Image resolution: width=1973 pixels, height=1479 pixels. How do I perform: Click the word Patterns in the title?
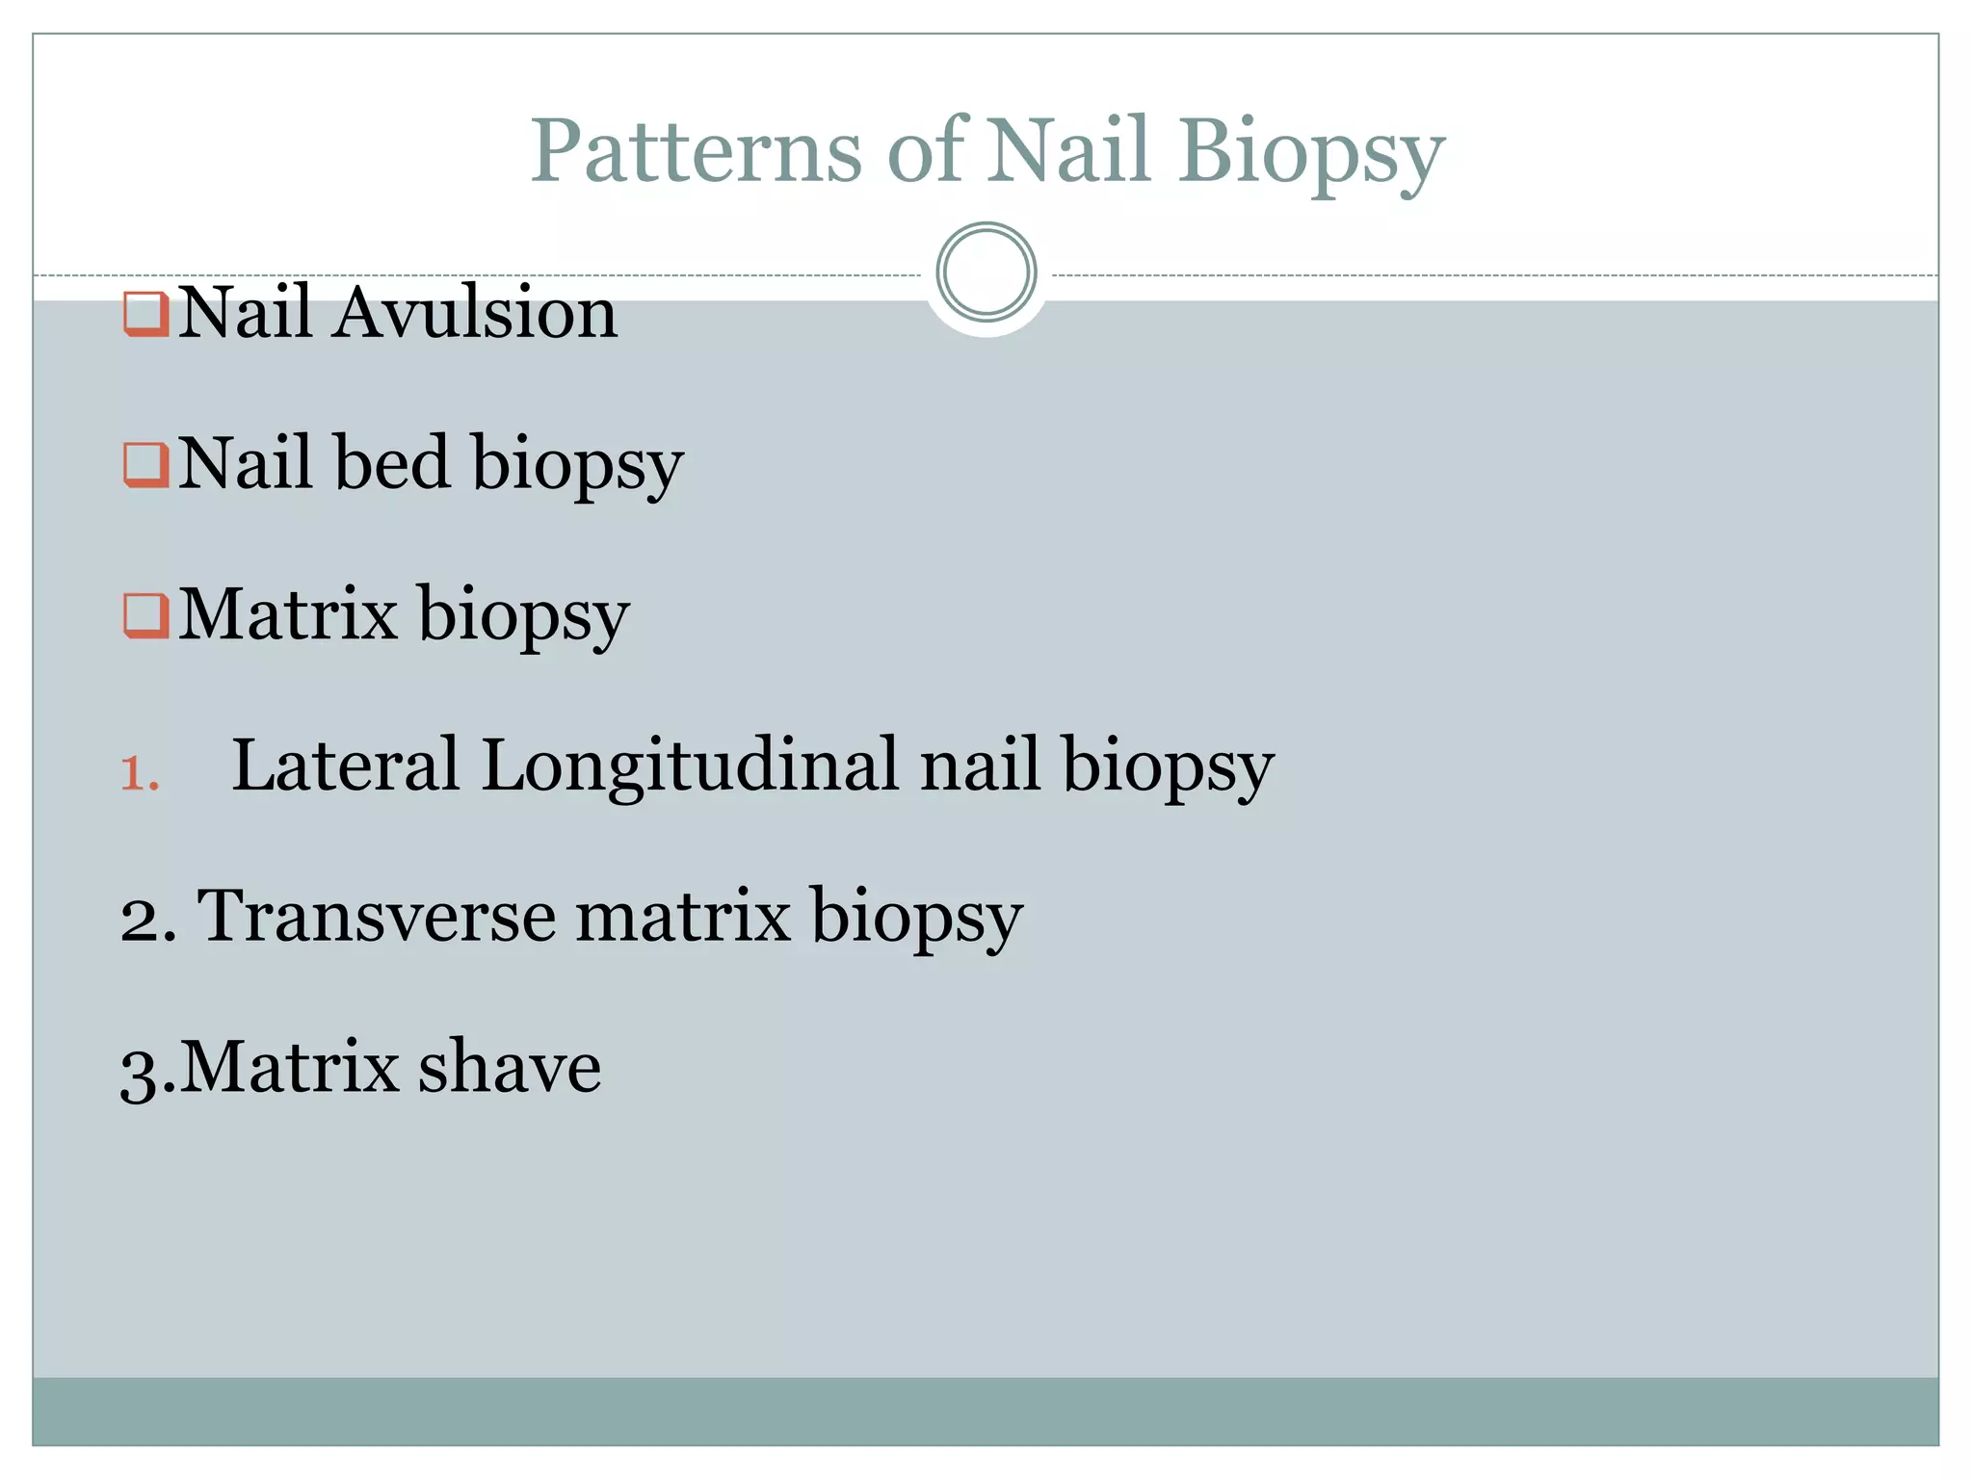pyautogui.click(x=696, y=150)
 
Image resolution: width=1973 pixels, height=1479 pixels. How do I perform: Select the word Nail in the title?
pyautogui.click(x=1068, y=150)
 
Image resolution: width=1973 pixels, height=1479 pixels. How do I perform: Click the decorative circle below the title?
pyautogui.click(x=986, y=272)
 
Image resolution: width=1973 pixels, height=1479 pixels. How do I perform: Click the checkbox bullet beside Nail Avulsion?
pyautogui.click(x=146, y=314)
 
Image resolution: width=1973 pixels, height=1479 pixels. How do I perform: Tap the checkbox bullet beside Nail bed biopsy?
pyautogui.click(x=146, y=465)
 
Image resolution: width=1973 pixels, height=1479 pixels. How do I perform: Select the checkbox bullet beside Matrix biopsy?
pyautogui.click(x=146, y=615)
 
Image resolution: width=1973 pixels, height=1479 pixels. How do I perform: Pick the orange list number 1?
pyautogui.click(x=139, y=773)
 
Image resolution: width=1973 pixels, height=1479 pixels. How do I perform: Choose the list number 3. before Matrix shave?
pyautogui.click(x=147, y=1069)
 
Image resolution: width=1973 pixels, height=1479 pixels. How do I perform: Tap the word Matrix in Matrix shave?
pyautogui.click(x=289, y=1067)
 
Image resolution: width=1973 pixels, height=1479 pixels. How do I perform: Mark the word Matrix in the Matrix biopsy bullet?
pyautogui.click(x=288, y=613)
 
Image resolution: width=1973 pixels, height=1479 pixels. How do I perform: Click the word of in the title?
pyautogui.click(x=926, y=150)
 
